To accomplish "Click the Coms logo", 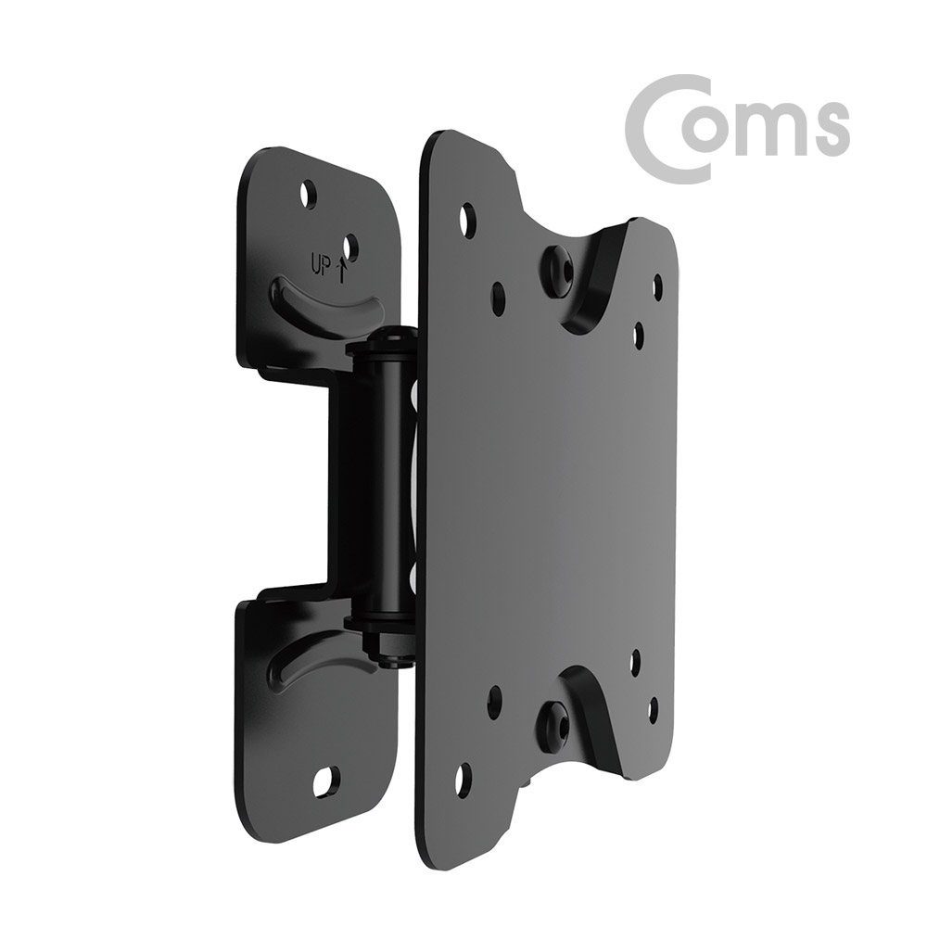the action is coord(737,127).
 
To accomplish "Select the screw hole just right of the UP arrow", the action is coord(350,247).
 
